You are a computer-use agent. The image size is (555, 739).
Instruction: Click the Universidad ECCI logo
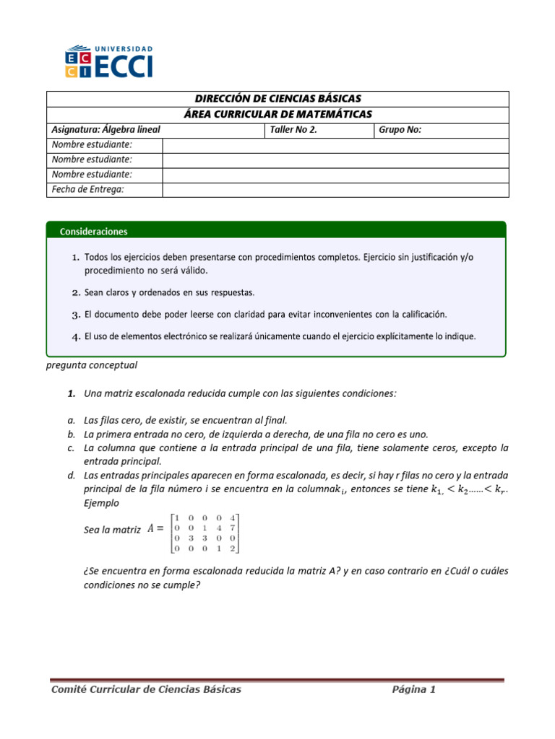[109, 61]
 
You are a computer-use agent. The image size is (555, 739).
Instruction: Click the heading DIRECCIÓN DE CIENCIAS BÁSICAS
[278, 99]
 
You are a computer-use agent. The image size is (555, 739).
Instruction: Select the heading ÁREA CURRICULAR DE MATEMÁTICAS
[278, 114]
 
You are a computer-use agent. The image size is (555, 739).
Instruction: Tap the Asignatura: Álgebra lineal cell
[106, 130]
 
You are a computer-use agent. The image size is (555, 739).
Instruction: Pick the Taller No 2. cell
[293, 130]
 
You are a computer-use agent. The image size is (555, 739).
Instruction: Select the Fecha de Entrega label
[88, 189]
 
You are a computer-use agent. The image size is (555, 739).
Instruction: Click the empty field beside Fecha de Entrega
[335, 189]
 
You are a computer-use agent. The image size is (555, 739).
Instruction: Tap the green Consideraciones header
[95, 232]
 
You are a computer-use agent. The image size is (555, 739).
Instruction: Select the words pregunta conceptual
[91, 365]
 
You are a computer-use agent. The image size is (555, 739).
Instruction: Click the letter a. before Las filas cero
[72, 419]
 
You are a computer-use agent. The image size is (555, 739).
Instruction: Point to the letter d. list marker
[72, 476]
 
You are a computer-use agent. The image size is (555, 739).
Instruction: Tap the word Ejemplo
[102, 503]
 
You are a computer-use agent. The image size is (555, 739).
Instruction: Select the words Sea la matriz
[112, 530]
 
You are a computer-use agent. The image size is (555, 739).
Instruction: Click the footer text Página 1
[413, 689]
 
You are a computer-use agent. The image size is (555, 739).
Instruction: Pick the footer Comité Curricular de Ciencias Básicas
[146, 689]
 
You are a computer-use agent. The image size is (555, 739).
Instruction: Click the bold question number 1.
[72, 393]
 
